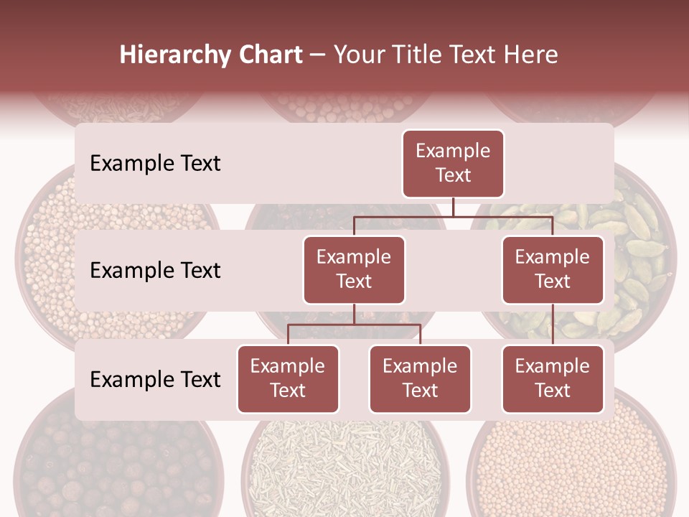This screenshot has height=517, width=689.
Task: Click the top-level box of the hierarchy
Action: click(453, 164)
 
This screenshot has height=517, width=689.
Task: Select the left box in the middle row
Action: click(354, 270)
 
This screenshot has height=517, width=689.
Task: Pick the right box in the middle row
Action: click(553, 270)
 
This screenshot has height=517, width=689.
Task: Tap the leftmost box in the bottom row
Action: click(288, 379)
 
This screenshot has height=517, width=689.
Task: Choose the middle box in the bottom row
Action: click(420, 379)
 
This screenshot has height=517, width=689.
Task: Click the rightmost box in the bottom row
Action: click(553, 379)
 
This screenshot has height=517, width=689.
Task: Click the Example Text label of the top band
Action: click(155, 164)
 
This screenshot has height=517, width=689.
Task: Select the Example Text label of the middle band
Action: click(155, 271)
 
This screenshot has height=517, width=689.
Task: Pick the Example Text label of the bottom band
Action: click(155, 379)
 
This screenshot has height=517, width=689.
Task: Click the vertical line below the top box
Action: click(453, 208)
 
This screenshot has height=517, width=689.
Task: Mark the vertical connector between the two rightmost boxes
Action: click(553, 325)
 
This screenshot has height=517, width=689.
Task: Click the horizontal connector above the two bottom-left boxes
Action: click(354, 325)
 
